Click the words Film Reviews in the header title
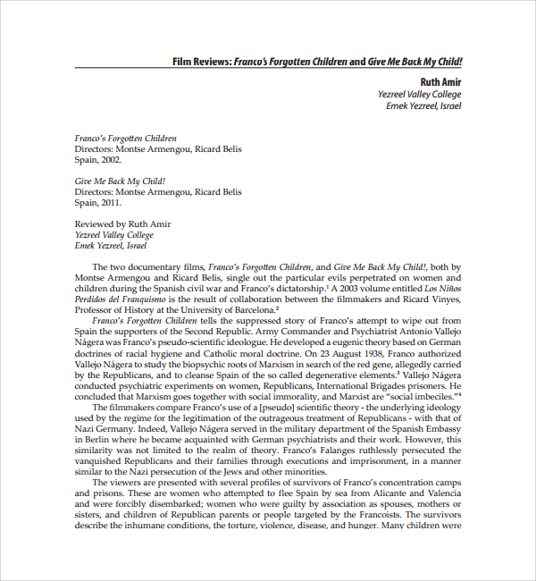click(x=201, y=63)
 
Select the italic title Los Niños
click(x=441, y=288)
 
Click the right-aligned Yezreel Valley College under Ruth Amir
click(x=420, y=94)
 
